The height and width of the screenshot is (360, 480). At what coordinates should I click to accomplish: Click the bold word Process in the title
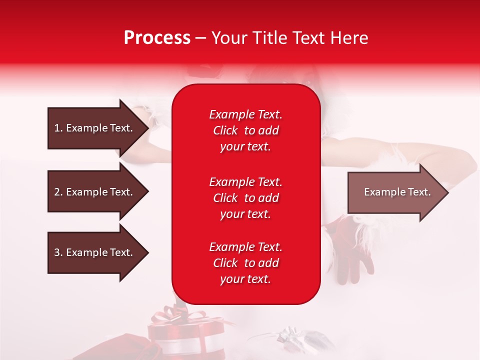coord(157,38)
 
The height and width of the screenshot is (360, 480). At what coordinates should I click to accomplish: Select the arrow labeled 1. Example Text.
coord(95,128)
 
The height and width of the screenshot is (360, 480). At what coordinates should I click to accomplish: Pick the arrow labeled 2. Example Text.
coord(95,192)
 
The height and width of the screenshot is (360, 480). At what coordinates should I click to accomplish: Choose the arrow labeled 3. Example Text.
coord(95,252)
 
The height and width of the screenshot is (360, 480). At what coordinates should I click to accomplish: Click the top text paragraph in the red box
coord(245,130)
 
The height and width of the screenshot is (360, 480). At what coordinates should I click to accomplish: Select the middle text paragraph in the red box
coord(245,198)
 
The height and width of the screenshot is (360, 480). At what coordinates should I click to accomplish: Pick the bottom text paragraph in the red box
coord(245,263)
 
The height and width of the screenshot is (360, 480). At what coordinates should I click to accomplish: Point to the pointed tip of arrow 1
coord(147,128)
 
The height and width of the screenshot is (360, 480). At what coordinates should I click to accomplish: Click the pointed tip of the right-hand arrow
coord(447,192)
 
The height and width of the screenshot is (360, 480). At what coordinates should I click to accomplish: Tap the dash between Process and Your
coord(200,38)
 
